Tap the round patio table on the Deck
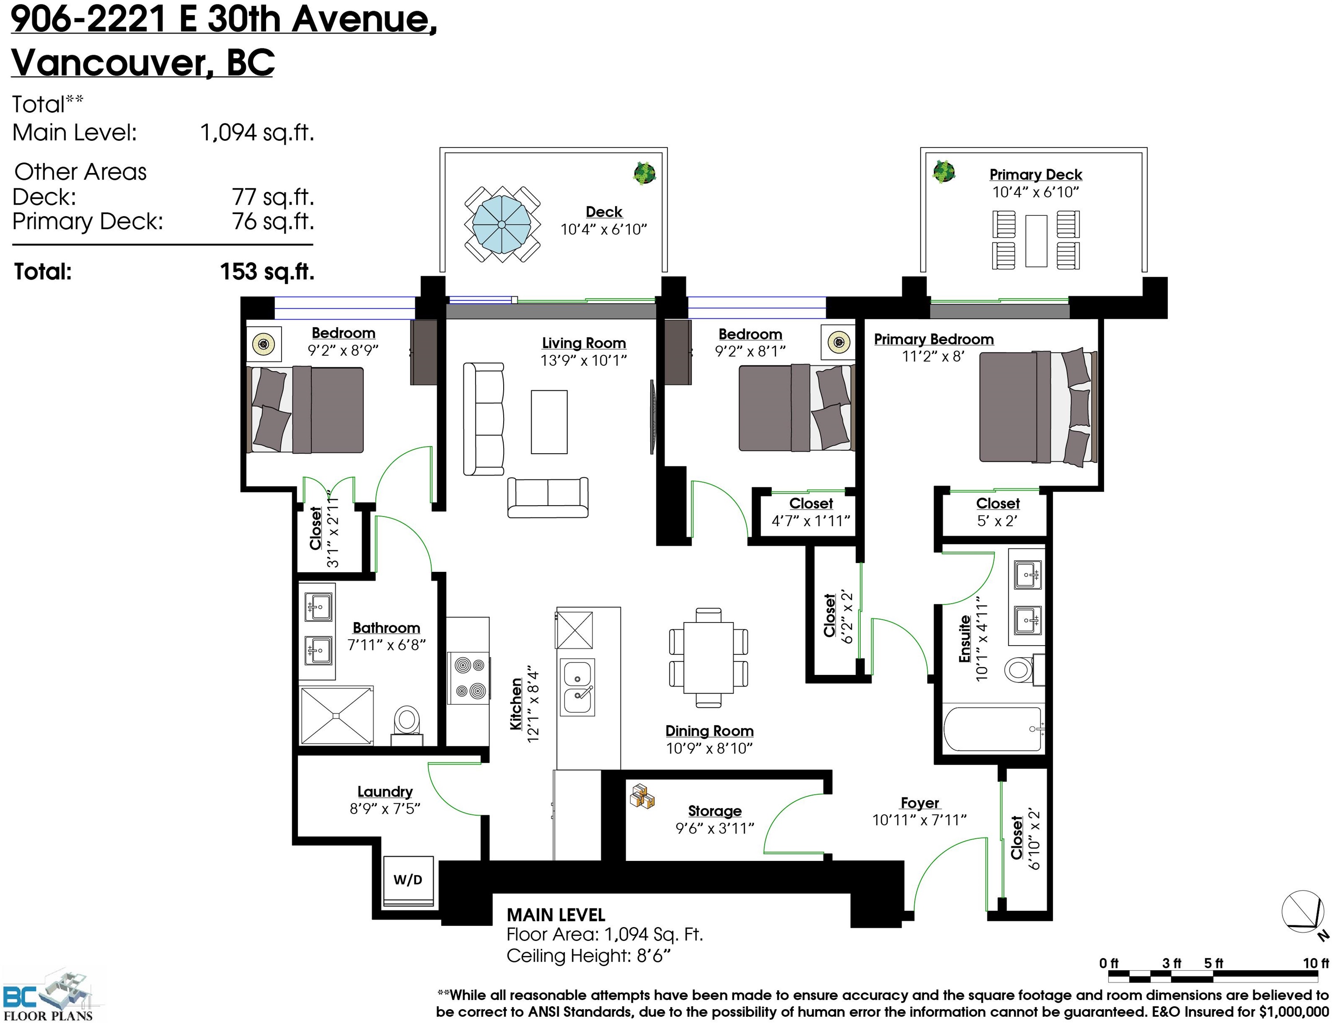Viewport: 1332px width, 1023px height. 502,224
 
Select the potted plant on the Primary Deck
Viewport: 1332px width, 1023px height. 943,172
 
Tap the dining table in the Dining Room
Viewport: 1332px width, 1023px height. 708,657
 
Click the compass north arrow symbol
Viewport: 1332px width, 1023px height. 1304,913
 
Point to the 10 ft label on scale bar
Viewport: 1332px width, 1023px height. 1316,964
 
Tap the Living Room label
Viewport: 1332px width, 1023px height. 584,343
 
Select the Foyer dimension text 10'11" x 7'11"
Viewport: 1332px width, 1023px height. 919,820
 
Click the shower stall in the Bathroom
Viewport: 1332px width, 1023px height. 336,715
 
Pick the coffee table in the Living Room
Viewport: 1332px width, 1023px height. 549,422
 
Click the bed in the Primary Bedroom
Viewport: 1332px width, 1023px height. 1038,407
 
